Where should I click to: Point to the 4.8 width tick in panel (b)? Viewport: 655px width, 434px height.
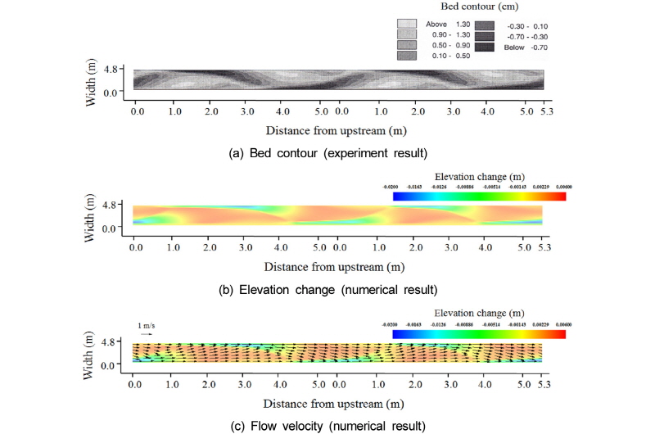(112, 203)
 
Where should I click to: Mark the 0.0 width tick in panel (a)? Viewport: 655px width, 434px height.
(112, 93)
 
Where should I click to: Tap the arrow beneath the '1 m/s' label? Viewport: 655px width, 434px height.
(147, 334)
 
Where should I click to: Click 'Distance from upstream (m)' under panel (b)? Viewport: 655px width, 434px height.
(337, 266)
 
